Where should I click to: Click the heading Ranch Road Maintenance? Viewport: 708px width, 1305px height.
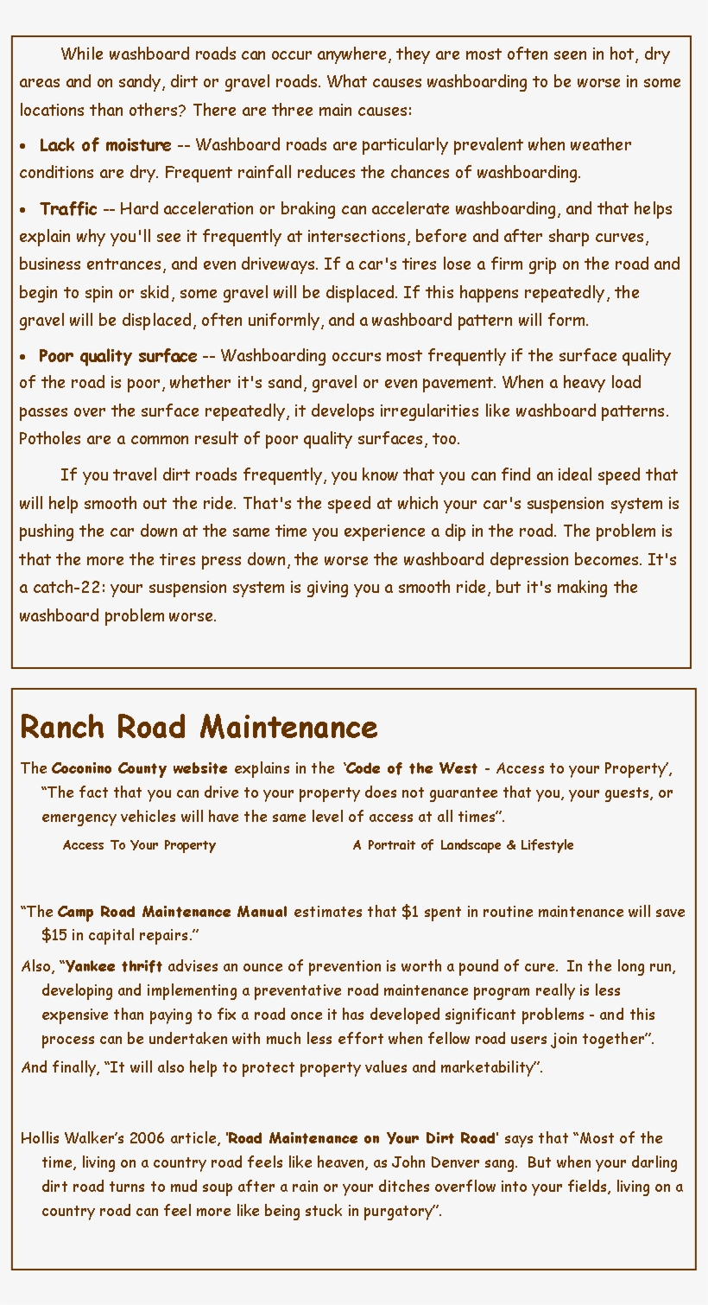click(x=199, y=727)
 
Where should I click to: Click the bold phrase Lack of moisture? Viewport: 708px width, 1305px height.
click(x=105, y=145)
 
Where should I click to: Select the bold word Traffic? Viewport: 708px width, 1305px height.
click(x=69, y=209)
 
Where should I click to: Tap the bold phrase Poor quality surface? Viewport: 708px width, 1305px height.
click(x=118, y=356)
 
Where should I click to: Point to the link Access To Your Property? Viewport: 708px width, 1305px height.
click(x=139, y=845)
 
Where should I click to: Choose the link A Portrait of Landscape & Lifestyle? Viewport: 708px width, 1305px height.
click(x=463, y=845)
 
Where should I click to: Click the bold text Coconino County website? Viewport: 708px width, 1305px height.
click(x=140, y=768)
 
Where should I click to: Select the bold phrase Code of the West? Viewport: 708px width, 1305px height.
click(x=412, y=768)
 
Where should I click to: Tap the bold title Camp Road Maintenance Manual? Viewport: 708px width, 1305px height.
click(x=173, y=912)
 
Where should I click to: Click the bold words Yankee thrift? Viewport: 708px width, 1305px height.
click(x=114, y=966)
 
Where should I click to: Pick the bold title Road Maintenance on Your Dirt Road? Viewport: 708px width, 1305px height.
click(x=362, y=1138)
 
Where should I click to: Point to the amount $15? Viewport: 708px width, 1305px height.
click(x=55, y=935)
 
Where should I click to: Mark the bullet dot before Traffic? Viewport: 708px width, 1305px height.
click(x=23, y=210)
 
